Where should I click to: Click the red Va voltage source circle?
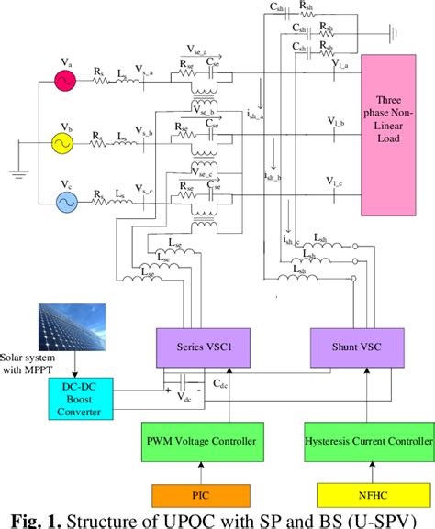coord(66,80)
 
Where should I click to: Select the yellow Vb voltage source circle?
coord(66,144)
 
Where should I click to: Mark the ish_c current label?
coord(291,241)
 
